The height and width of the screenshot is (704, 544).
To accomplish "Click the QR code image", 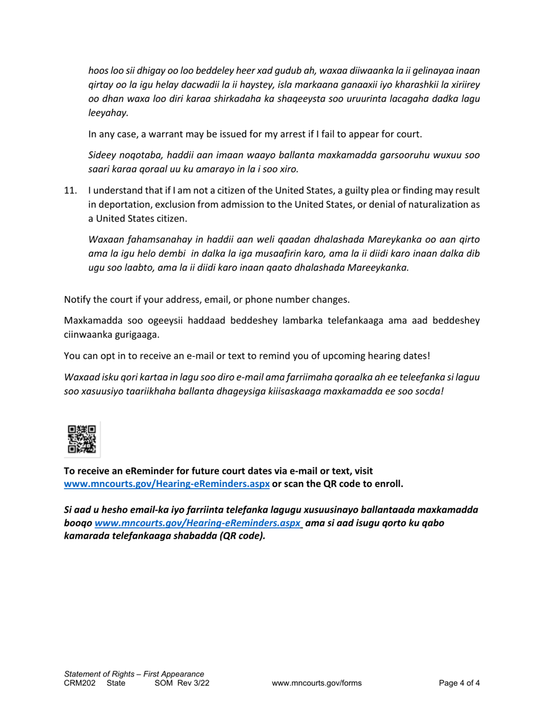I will tap(82, 439).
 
